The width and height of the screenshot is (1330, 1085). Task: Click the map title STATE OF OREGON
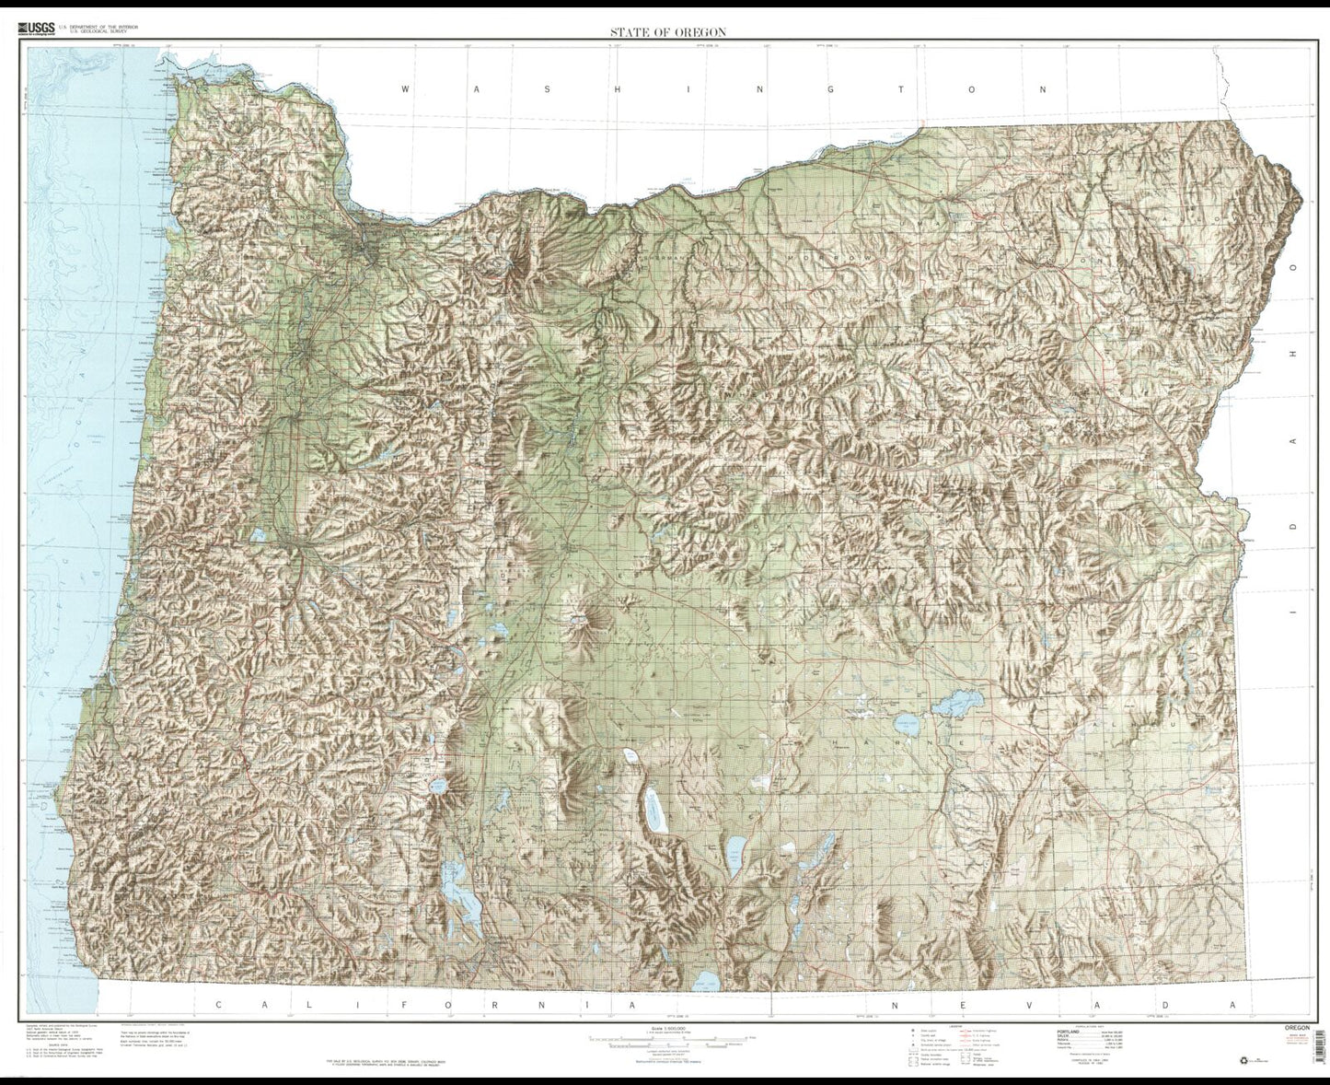coord(667,32)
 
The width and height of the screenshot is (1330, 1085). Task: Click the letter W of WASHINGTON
coord(405,89)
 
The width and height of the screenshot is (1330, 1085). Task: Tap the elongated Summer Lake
coord(654,811)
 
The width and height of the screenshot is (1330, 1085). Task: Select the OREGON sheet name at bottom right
coord(1301,1025)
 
